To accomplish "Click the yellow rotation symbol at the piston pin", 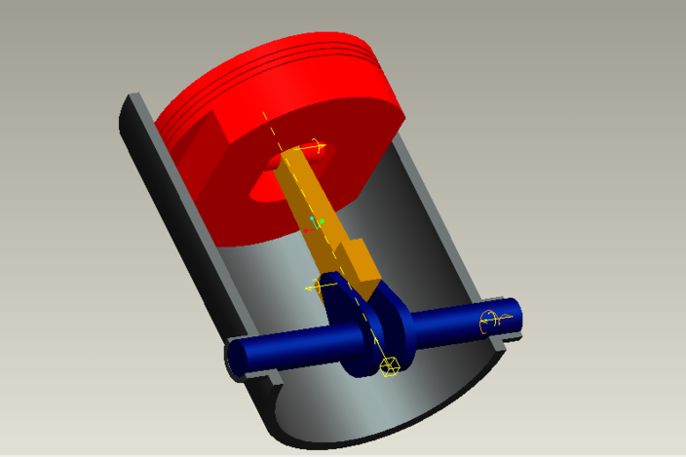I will click(x=315, y=147).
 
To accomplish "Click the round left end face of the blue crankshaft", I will click(x=237, y=357).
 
